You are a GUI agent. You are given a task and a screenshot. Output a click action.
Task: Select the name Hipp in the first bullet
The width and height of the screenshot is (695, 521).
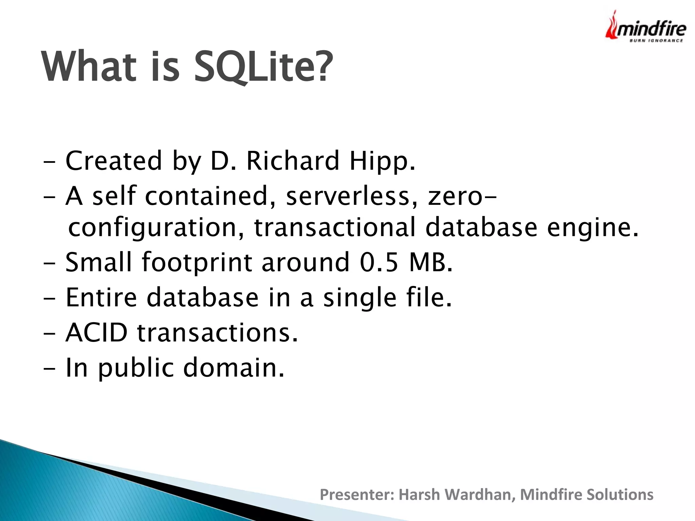382,161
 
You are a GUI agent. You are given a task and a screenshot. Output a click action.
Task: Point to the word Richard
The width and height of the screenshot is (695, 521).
293,161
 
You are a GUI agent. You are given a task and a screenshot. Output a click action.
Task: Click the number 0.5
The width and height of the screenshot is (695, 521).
379,263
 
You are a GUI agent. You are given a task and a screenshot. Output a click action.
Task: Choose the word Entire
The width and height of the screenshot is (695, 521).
101,297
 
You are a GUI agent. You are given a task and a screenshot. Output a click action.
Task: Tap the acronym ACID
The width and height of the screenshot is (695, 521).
97,332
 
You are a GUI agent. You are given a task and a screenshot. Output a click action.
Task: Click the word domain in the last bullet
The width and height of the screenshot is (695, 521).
233,368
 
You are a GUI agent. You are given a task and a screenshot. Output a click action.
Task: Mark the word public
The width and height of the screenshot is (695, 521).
136,368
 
